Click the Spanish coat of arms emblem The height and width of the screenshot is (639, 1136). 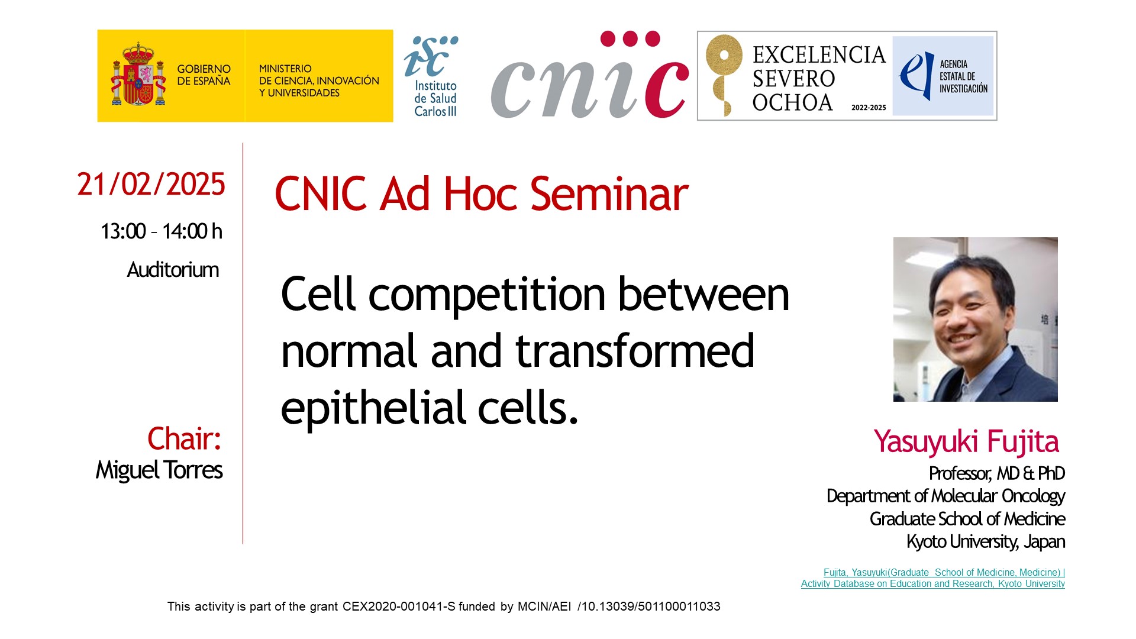[x=138, y=75]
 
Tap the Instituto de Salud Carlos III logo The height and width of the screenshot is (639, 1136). [x=431, y=76]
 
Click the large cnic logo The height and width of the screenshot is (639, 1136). [x=590, y=75]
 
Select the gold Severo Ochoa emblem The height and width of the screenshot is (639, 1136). [x=724, y=75]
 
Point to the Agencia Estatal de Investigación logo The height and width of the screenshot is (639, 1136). [x=943, y=76]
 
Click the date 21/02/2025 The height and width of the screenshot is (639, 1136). [x=151, y=185]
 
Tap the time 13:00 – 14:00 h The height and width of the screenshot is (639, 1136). [x=162, y=231]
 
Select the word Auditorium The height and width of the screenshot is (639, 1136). [x=173, y=270]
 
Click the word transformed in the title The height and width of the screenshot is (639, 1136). [x=635, y=350]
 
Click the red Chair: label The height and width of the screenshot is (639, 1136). [x=184, y=438]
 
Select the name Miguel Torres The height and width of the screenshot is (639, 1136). [x=159, y=470]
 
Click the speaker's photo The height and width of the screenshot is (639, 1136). [x=975, y=319]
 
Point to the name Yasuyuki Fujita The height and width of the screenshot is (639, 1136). [x=966, y=442]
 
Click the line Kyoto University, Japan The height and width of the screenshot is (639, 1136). [x=986, y=541]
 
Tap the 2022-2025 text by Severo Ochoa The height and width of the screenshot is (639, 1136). [x=869, y=108]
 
